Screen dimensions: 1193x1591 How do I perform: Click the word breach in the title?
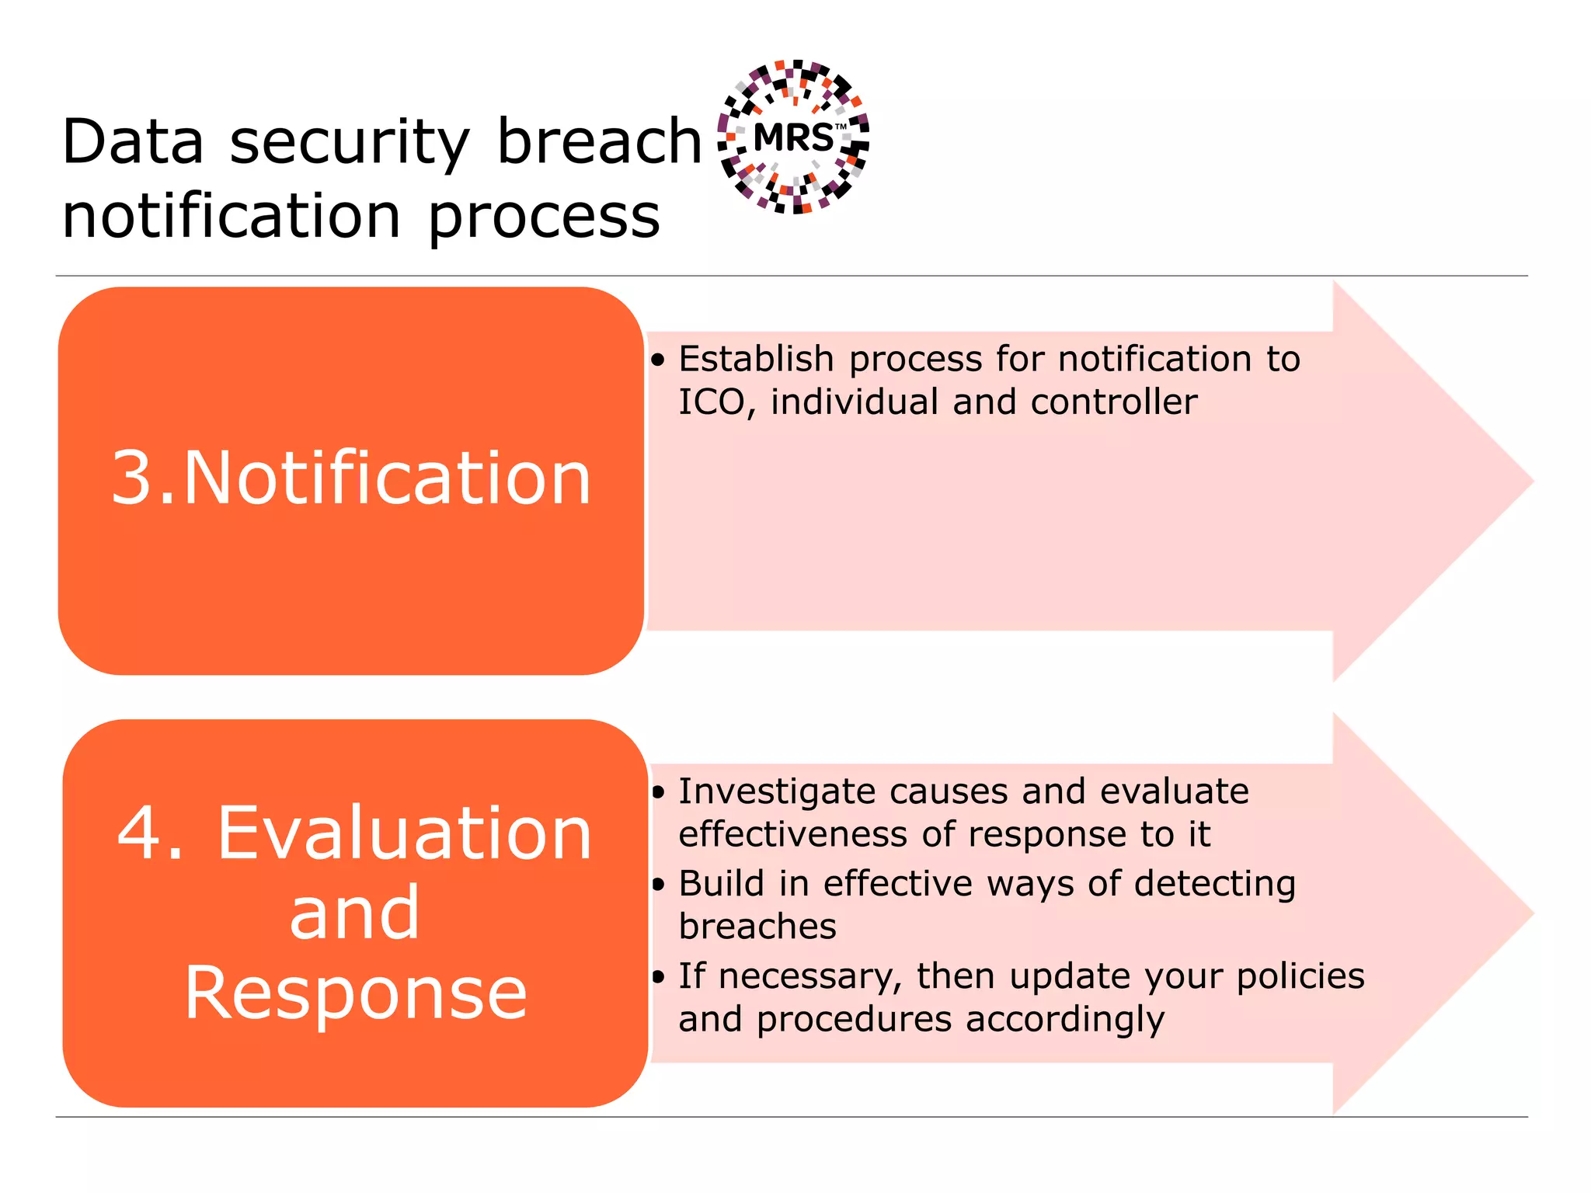[x=599, y=142]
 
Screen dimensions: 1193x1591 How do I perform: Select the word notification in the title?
[x=231, y=216]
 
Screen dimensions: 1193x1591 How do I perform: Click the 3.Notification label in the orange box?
[x=351, y=478]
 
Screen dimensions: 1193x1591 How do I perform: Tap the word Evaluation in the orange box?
[x=404, y=833]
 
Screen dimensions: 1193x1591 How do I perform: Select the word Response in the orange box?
[x=356, y=993]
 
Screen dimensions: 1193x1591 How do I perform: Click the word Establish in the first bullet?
[x=756, y=359]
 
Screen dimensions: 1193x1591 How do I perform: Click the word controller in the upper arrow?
[x=1113, y=402]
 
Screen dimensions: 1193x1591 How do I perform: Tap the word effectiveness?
[x=792, y=835]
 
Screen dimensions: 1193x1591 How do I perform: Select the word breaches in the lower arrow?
[x=757, y=927]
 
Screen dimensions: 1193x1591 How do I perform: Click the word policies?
[x=1300, y=976]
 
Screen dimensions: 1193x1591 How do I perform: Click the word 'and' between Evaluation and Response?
[x=354, y=913]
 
